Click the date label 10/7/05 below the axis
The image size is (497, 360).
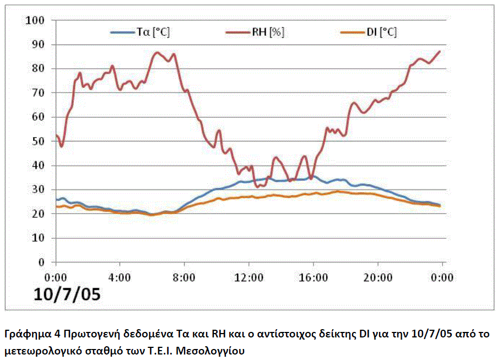pos(68,294)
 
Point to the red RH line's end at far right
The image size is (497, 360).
pos(440,51)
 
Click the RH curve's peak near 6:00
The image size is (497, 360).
pos(157,52)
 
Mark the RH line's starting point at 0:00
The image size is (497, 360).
pos(56,135)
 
